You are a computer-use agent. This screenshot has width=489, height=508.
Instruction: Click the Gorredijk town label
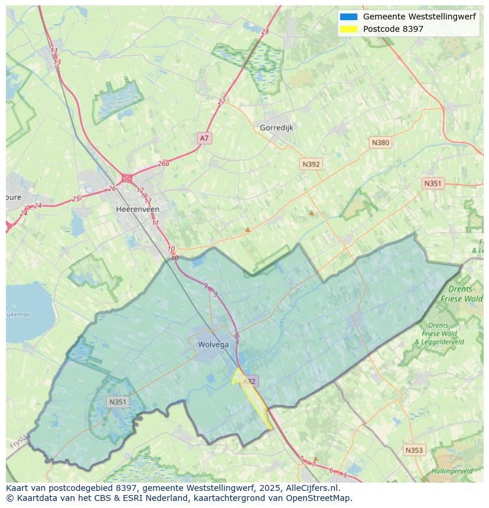coord(276,127)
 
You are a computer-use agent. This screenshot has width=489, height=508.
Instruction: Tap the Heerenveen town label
coord(138,209)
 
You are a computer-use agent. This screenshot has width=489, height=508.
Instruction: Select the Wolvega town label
coord(208,345)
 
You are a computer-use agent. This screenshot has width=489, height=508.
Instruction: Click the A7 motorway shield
coord(204,138)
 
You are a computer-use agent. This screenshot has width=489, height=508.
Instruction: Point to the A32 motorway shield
coord(249,381)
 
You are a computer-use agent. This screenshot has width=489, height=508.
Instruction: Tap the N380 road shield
coord(380,142)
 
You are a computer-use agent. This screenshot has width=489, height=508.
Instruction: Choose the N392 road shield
coord(311,164)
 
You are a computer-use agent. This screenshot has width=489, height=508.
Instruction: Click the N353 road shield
coord(414,450)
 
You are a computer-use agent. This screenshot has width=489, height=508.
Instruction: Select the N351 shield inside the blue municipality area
coord(118,402)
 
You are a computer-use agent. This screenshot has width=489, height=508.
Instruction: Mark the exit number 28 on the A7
coord(265,31)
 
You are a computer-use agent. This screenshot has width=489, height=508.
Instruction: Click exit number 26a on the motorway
coord(164,163)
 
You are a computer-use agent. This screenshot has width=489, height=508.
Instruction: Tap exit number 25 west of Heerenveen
coord(76,199)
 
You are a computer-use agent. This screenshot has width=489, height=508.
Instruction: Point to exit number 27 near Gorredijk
coord(221,101)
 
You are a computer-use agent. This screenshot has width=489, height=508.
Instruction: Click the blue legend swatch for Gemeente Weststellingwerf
coord(348,17)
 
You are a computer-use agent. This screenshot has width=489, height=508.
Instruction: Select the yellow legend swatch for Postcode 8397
coord(348,29)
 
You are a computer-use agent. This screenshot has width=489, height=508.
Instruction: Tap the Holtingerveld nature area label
coord(452,471)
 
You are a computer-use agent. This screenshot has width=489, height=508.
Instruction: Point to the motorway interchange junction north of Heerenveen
coord(126,178)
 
